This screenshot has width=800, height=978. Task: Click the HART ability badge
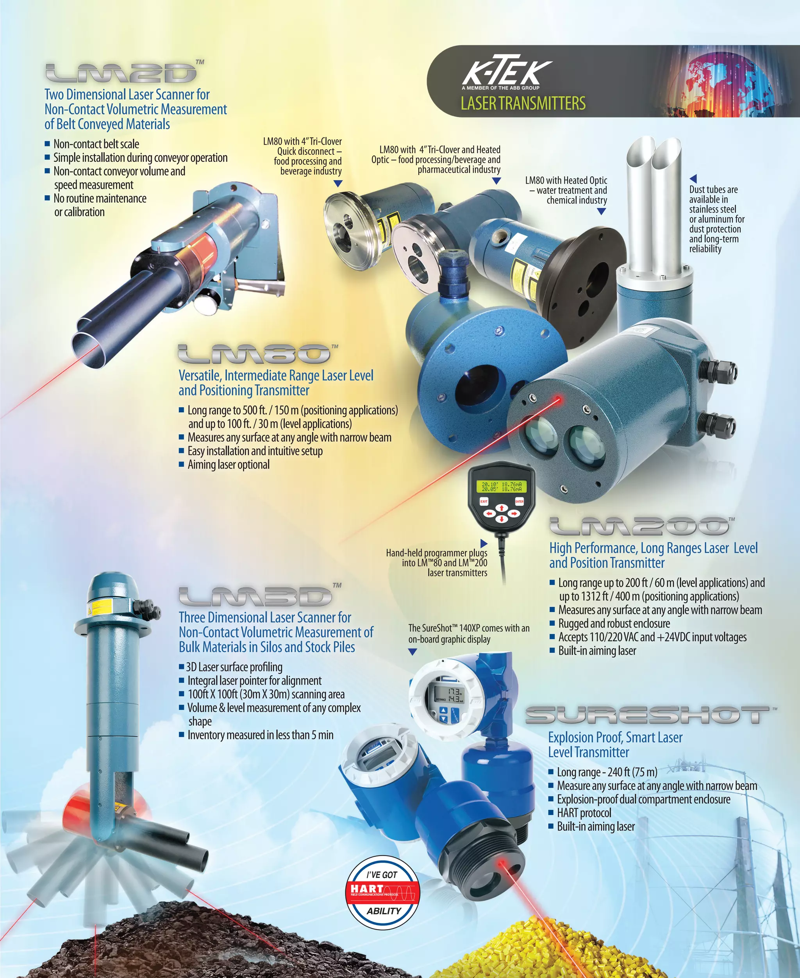tap(383, 893)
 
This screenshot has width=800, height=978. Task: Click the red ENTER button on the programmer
tap(520, 501)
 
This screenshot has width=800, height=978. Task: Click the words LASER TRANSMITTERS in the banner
tap(523, 103)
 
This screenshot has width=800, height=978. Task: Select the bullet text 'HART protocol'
tap(584, 813)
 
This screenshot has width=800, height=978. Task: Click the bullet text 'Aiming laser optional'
tap(228, 465)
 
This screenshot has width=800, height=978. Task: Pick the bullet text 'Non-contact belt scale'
tap(96, 144)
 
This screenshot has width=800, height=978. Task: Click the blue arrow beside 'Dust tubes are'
tap(693, 178)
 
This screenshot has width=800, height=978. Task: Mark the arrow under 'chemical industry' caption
tap(601, 211)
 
